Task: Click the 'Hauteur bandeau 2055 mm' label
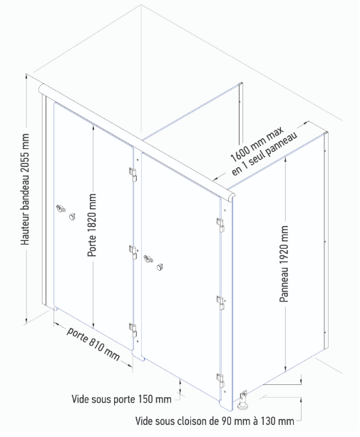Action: [x=25, y=190]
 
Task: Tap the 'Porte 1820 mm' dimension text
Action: [x=92, y=225]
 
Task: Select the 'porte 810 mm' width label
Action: [x=93, y=344]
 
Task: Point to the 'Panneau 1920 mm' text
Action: [x=284, y=264]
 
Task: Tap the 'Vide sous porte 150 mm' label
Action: [x=121, y=399]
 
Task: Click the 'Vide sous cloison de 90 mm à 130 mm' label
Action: [x=215, y=421]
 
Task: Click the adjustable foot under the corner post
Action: [x=243, y=400]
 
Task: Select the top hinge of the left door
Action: [x=133, y=175]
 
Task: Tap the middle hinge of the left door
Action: [x=133, y=252]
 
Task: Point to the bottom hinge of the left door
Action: [x=133, y=329]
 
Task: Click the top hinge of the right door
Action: [x=221, y=225]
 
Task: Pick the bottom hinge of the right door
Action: [x=220, y=381]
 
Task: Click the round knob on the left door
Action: [x=73, y=216]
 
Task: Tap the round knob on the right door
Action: [x=160, y=267]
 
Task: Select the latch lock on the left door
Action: [x=61, y=208]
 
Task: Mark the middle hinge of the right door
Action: [x=220, y=303]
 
